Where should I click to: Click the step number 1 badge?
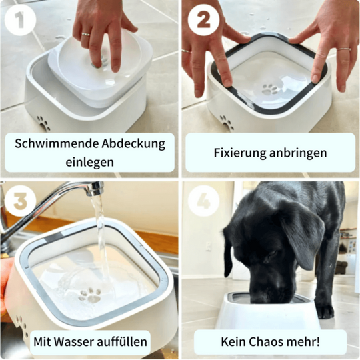20,20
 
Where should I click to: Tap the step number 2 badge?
203,20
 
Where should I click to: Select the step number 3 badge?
20,201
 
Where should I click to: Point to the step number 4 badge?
203,201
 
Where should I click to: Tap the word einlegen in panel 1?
90,162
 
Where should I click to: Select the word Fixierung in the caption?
240,153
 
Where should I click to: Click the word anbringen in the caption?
298,153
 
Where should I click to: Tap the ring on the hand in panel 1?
85,35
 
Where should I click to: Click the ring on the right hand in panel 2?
344,49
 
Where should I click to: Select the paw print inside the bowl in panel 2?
269,89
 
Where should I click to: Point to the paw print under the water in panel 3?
90,296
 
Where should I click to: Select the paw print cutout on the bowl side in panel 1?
44,124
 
